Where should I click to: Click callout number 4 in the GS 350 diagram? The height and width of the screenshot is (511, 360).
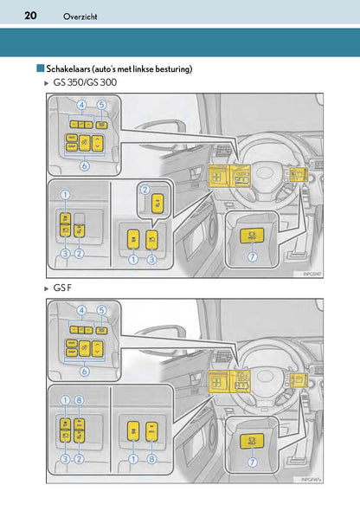(80, 106)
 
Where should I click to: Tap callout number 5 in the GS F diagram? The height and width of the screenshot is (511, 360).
(101, 308)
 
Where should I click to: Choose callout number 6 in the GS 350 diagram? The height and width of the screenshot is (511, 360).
(84, 165)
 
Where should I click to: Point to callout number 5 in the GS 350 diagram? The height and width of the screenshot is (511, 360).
(101, 106)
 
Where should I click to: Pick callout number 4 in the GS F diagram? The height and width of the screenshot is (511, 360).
(80, 308)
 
